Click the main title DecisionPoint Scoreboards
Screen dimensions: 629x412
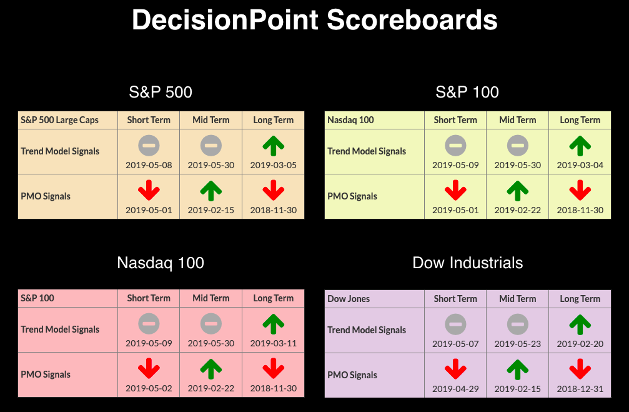[x=315, y=19]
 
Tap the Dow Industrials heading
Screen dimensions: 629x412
[x=467, y=263]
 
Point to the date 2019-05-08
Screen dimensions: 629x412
[x=149, y=165]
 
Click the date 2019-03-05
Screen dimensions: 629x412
[x=273, y=165]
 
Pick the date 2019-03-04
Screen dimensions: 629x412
[x=580, y=165]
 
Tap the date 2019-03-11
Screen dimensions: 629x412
[x=273, y=343]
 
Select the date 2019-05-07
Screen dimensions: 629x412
[x=455, y=344]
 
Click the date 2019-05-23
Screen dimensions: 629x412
[x=517, y=344]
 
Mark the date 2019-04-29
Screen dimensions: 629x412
[x=455, y=389]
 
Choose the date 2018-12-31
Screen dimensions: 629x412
[x=580, y=389]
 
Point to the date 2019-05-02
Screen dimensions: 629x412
[x=149, y=388]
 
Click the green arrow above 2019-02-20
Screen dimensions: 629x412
[x=580, y=324]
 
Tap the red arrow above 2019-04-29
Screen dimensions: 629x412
[x=455, y=369]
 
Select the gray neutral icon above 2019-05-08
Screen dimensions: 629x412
[x=149, y=146]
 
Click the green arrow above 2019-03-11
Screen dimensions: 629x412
[x=273, y=324]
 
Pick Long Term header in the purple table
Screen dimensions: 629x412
[x=580, y=299]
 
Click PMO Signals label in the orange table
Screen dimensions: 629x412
[x=46, y=196]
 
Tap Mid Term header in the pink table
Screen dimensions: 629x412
[x=211, y=298]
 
